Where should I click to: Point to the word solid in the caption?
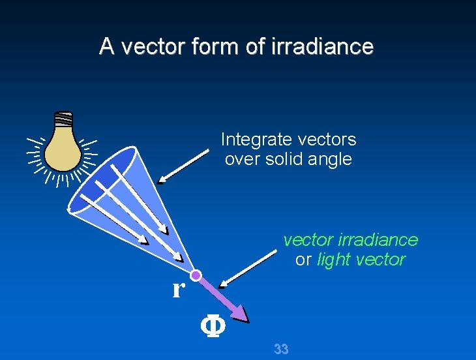coord(286,159)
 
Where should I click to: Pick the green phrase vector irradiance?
coord(350,240)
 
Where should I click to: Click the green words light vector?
coord(361,260)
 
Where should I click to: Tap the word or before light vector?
coord(303,260)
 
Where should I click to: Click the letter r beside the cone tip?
coord(177,288)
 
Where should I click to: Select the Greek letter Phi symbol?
coord(212,326)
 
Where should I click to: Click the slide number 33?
coord(281,350)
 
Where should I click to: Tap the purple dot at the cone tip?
coord(196,276)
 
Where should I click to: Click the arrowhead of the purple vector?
coord(241,316)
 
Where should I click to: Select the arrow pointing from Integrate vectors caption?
coord(186,165)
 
